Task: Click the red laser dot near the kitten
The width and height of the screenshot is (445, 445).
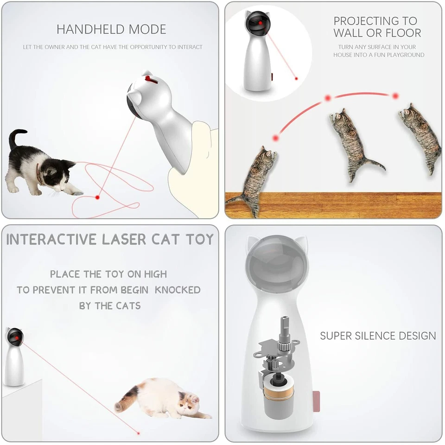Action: pyautogui.click(x=97, y=197)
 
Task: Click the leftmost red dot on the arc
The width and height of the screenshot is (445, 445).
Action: pyautogui.click(x=276, y=138)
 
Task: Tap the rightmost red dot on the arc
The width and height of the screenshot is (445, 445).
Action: pyautogui.click(x=395, y=96)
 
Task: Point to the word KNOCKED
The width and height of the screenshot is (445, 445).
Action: pyautogui.click(x=178, y=290)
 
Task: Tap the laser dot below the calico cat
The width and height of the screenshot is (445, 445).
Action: pyautogui.click(x=138, y=433)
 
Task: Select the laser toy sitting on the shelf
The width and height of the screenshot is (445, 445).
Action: pyautogui.click(x=15, y=357)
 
